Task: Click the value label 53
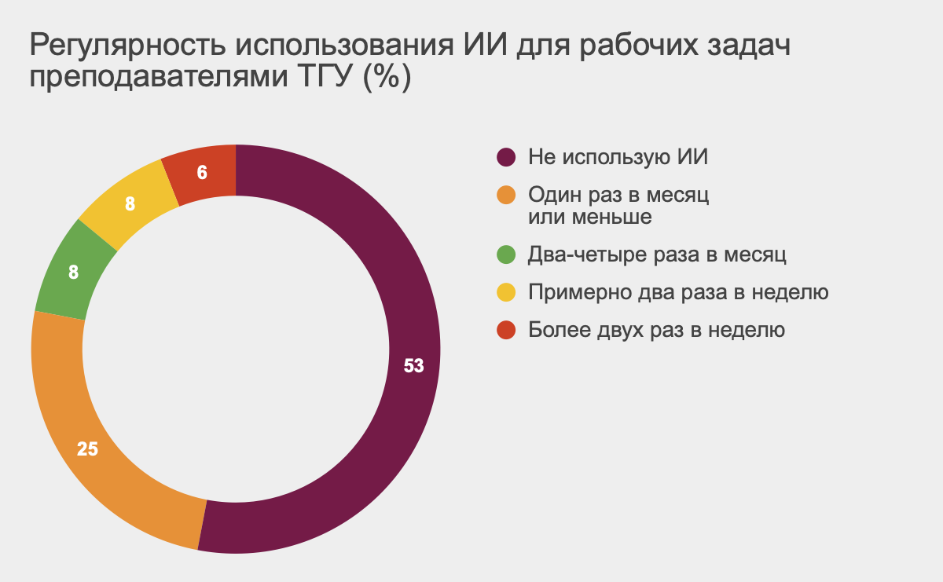[413, 366]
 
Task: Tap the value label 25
[87, 449]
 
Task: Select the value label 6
[202, 173]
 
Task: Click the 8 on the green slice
[73, 273]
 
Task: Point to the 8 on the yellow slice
[130, 204]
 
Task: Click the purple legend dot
[506, 157]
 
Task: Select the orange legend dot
[506, 195]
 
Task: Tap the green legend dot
[506, 254]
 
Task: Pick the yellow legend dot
[506, 292]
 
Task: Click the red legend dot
[506, 330]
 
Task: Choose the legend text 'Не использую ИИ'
[618, 157]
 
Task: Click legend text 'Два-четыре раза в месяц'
[657, 254]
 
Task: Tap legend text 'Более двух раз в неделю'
[656, 330]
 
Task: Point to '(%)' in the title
[387, 77]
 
